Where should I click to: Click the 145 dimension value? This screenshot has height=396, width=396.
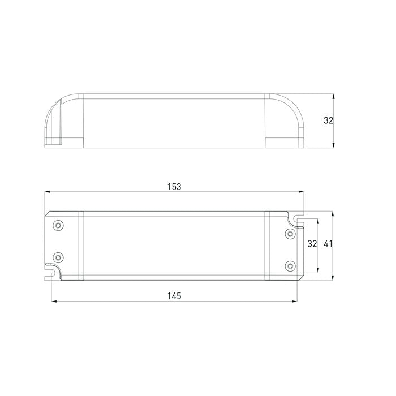coord(174,296)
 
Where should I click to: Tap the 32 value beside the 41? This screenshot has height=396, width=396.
coord(312,244)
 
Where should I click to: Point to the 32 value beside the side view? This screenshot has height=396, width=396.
coord(329,120)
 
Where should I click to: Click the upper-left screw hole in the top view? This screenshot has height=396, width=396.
coord(57,226)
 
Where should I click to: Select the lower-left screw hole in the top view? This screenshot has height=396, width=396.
coord(57,257)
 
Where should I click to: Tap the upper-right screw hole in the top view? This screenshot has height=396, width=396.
coord(290,233)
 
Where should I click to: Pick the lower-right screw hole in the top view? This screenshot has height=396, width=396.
coord(290,265)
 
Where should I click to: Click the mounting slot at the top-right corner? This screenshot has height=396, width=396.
coord(298,217)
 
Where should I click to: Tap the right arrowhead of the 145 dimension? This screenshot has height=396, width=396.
coord(296,302)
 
